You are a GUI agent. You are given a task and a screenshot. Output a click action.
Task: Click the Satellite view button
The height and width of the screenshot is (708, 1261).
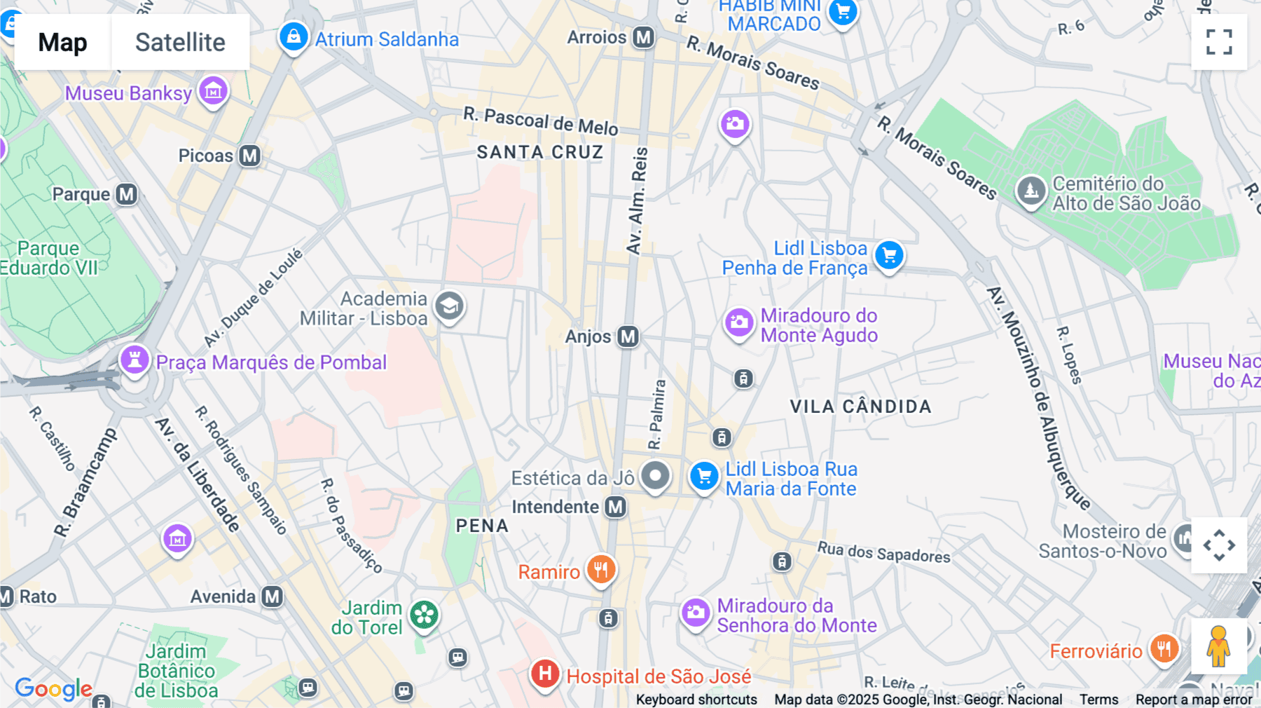180,42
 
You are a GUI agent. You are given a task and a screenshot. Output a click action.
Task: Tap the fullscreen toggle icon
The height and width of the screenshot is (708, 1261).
1219,42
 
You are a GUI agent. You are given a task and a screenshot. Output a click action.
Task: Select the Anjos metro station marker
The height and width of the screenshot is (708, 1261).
628,336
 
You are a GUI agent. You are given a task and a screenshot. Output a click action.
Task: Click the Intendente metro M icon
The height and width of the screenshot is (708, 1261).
616,507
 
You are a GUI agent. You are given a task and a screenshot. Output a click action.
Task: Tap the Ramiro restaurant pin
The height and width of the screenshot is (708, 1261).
601,570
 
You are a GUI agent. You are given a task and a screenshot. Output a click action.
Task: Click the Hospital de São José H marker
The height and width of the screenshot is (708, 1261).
545,674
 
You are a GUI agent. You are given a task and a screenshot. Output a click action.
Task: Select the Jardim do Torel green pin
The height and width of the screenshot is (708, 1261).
424,615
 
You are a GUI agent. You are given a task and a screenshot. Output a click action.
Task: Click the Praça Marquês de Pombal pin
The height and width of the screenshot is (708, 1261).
135,360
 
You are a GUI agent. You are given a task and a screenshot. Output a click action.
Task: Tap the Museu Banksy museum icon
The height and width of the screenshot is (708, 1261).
213,91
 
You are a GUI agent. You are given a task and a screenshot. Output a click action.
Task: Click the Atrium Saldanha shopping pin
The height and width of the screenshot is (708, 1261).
294,36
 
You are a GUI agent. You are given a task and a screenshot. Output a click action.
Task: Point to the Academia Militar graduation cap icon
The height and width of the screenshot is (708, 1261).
449,307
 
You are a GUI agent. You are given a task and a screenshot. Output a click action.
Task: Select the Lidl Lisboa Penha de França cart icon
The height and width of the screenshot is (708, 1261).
889,256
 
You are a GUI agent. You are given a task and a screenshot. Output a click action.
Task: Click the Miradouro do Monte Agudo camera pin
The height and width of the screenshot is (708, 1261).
738,323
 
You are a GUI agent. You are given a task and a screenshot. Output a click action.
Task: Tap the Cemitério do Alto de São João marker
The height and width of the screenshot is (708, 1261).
1031,190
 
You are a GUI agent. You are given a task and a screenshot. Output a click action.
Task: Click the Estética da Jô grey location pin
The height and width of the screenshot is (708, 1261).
656,477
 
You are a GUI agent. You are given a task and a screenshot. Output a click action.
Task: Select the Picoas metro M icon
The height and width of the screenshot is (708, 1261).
250,156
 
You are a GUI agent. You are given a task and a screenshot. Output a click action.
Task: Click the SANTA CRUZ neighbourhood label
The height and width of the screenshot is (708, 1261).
539,152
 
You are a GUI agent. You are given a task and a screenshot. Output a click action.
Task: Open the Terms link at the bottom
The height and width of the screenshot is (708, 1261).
1098,699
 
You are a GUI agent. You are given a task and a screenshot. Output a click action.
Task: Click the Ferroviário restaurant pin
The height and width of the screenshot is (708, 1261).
1164,649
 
